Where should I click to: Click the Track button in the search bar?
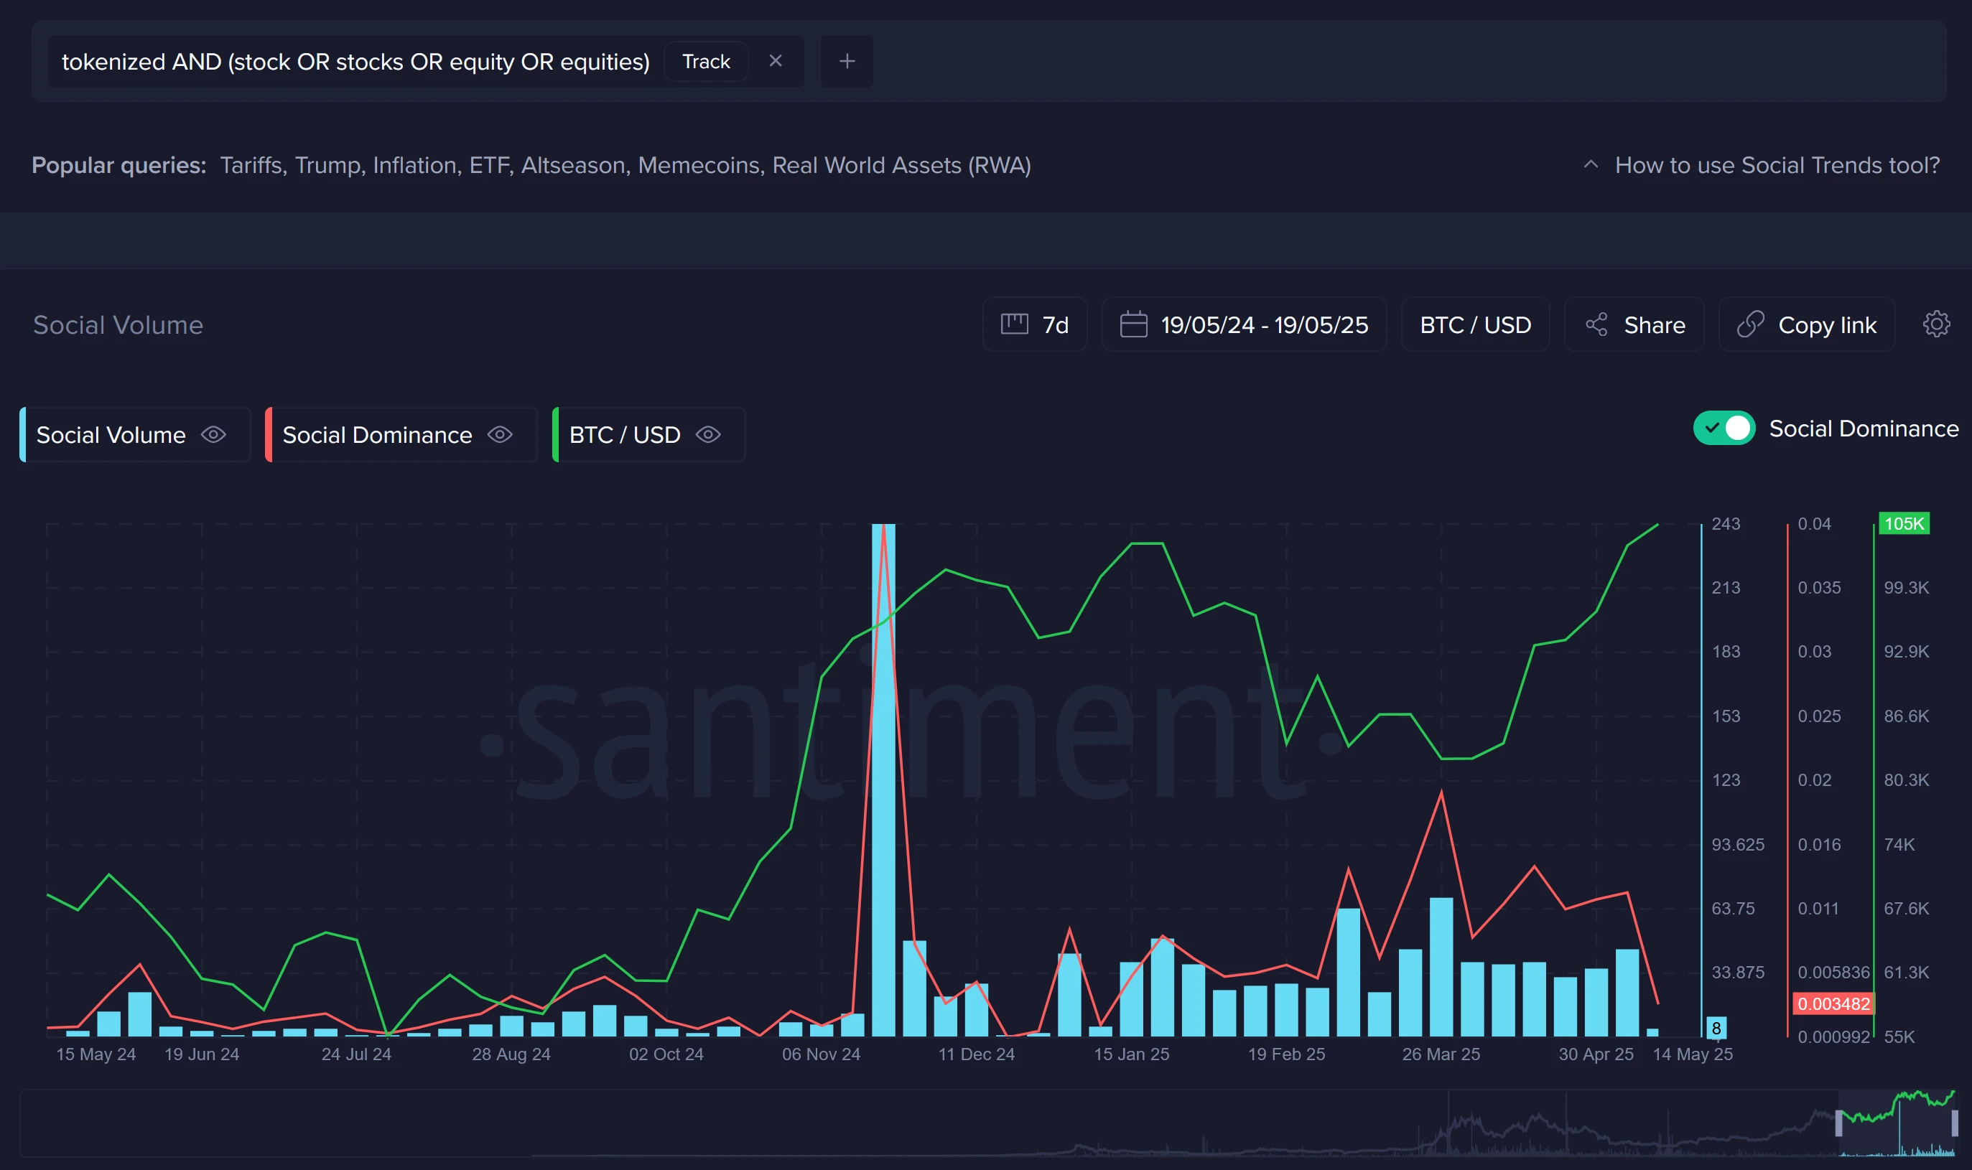[705, 62]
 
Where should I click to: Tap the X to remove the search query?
[776, 61]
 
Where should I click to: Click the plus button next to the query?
[847, 61]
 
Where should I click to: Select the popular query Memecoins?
[699, 166]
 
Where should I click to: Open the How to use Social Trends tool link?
[1777, 166]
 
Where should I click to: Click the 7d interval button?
[1035, 325]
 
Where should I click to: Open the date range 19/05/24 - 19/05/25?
[1244, 325]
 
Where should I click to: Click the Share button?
[1634, 325]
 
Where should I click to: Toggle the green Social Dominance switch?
[1724, 428]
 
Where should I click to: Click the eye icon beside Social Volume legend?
[213, 434]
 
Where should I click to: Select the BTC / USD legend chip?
[625, 434]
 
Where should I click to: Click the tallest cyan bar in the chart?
[883, 780]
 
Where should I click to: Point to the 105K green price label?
[1903, 523]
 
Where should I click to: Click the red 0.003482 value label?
[1833, 1003]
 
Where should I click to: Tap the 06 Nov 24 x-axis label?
[820, 1054]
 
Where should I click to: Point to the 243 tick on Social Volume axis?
[1725, 523]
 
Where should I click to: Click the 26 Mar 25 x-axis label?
[1441, 1054]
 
